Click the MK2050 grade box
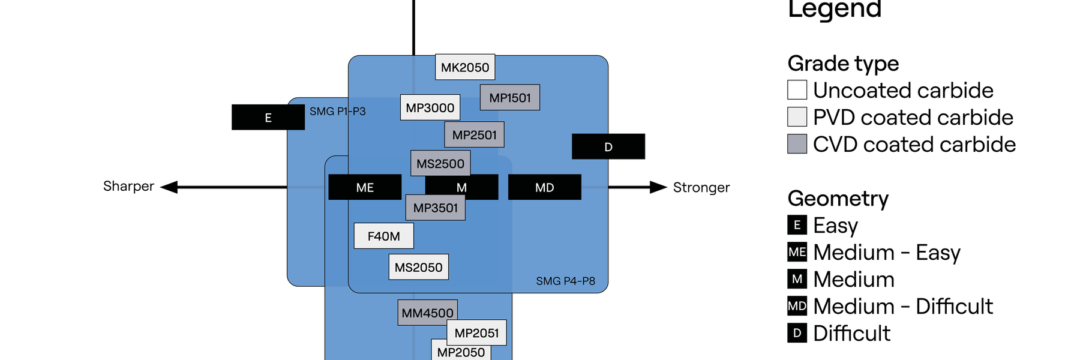(x=465, y=67)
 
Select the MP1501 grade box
(x=510, y=98)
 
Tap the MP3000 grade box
(x=430, y=107)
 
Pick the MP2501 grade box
(x=474, y=135)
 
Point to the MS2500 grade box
(x=440, y=163)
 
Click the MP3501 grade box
(x=436, y=208)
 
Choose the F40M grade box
(x=383, y=236)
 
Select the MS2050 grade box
(x=418, y=268)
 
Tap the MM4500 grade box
(x=427, y=313)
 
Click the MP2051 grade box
(x=476, y=332)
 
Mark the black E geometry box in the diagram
(x=268, y=118)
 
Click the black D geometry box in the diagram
(x=608, y=147)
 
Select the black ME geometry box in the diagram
(x=365, y=187)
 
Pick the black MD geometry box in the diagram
(x=544, y=187)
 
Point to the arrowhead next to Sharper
(x=170, y=187)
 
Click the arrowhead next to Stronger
(x=658, y=187)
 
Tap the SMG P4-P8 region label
(x=565, y=281)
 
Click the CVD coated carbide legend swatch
(x=797, y=144)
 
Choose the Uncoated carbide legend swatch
(x=797, y=90)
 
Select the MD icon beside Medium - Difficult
(x=797, y=306)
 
